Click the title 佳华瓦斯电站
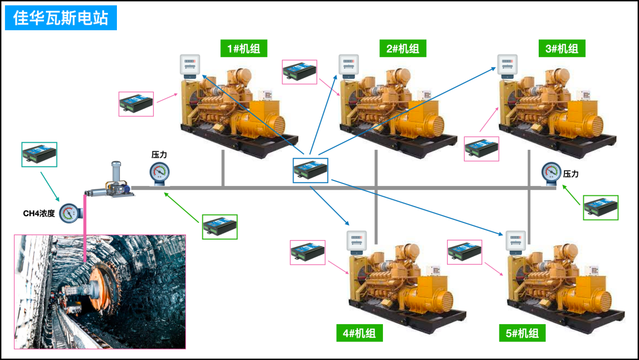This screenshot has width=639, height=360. click(x=60, y=18)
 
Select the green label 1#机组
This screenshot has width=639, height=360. click(x=243, y=48)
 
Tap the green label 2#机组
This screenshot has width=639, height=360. click(x=403, y=48)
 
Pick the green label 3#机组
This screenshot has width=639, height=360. click(x=562, y=48)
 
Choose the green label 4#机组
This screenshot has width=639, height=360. click(x=359, y=333)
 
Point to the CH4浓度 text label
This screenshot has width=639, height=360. click(x=39, y=213)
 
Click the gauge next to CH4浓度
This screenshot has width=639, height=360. click(x=70, y=213)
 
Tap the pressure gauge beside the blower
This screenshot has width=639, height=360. click(x=159, y=172)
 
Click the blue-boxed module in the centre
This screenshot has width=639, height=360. click(x=310, y=170)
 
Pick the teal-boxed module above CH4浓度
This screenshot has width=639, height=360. click(x=39, y=154)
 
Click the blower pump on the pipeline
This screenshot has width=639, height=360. click(x=111, y=183)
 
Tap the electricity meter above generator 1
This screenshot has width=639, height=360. click(x=190, y=66)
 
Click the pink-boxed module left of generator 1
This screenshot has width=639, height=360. click(x=136, y=104)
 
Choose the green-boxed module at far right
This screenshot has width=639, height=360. click(x=601, y=207)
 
